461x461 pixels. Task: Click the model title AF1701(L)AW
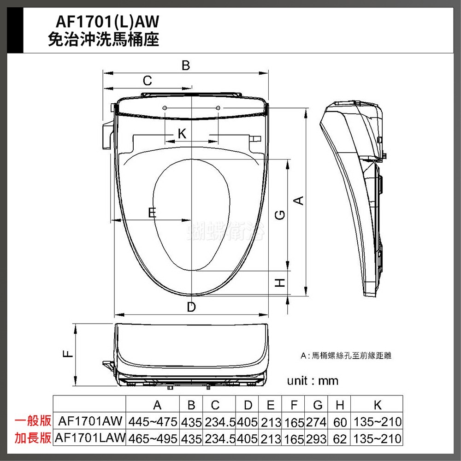[x=107, y=21]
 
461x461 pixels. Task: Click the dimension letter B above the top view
[x=185, y=65]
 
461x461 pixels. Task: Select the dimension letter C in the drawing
[x=148, y=81]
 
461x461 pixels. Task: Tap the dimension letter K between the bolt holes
[x=182, y=134]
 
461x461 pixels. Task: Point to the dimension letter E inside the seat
[x=152, y=212]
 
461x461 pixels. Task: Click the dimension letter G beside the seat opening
[x=280, y=215]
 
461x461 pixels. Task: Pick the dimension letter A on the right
[x=299, y=201]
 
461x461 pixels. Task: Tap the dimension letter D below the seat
[x=191, y=307]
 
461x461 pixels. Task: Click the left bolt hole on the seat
[x=165, y=108]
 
